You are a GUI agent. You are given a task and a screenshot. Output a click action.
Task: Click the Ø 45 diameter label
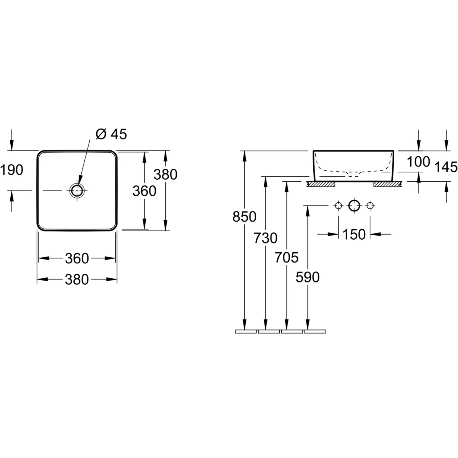(111, 134)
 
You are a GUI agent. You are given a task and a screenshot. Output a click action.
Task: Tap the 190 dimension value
(12, 170)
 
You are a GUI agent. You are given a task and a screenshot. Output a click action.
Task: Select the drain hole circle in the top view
(77, 190)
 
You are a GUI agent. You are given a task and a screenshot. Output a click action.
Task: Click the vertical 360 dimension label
(144, 191)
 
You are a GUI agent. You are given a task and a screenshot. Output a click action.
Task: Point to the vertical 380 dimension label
(165, 174)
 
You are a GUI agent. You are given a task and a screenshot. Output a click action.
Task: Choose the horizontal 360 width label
(77, 259)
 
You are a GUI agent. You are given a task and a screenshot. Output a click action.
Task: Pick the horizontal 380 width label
(77, 279)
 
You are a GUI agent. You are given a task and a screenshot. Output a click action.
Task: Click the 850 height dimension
(244, 217)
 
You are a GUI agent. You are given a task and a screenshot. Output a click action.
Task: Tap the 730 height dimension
(266, 238)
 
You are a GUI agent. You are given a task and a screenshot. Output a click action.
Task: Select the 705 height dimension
(286, 257)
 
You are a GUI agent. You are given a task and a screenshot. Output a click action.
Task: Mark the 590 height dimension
(308, 277)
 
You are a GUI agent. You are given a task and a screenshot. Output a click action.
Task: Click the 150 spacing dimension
(354, 235)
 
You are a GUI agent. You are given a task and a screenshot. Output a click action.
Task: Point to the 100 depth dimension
(419, 162)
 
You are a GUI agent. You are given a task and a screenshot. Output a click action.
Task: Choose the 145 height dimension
(446, 167)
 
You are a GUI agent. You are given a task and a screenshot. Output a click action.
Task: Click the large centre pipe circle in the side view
(354, 206)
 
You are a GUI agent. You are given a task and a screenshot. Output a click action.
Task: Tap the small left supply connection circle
(339, 206)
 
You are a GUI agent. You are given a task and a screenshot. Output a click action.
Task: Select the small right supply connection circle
(370, 206)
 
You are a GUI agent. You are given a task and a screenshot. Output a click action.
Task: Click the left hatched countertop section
(321, 184)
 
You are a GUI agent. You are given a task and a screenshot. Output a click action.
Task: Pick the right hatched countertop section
(388, 184)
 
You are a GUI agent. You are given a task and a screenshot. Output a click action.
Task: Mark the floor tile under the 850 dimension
(246, 332)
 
